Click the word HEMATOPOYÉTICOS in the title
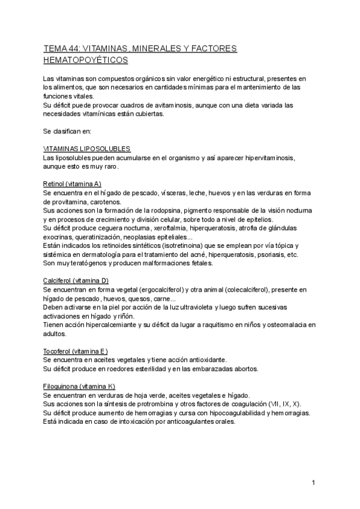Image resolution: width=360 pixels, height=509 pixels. point(86,60)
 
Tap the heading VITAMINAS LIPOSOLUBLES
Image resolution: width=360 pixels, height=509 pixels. point(87,148)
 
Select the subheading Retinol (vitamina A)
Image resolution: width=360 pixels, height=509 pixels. point(72,183)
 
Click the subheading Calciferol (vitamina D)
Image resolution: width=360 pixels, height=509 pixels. point(75,280)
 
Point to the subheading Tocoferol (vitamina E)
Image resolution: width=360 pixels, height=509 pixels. point(76,350)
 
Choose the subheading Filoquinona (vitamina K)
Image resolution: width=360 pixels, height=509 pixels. point(79,387)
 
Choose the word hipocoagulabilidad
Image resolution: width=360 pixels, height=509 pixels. point(233,412)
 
